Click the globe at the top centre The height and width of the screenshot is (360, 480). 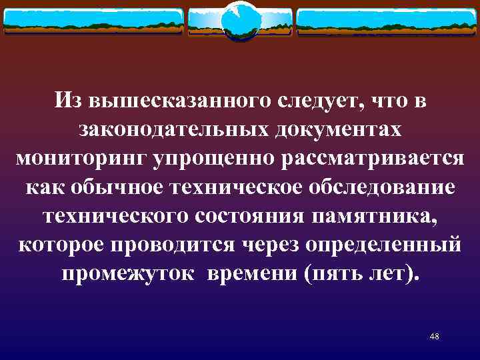coord(239,21)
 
